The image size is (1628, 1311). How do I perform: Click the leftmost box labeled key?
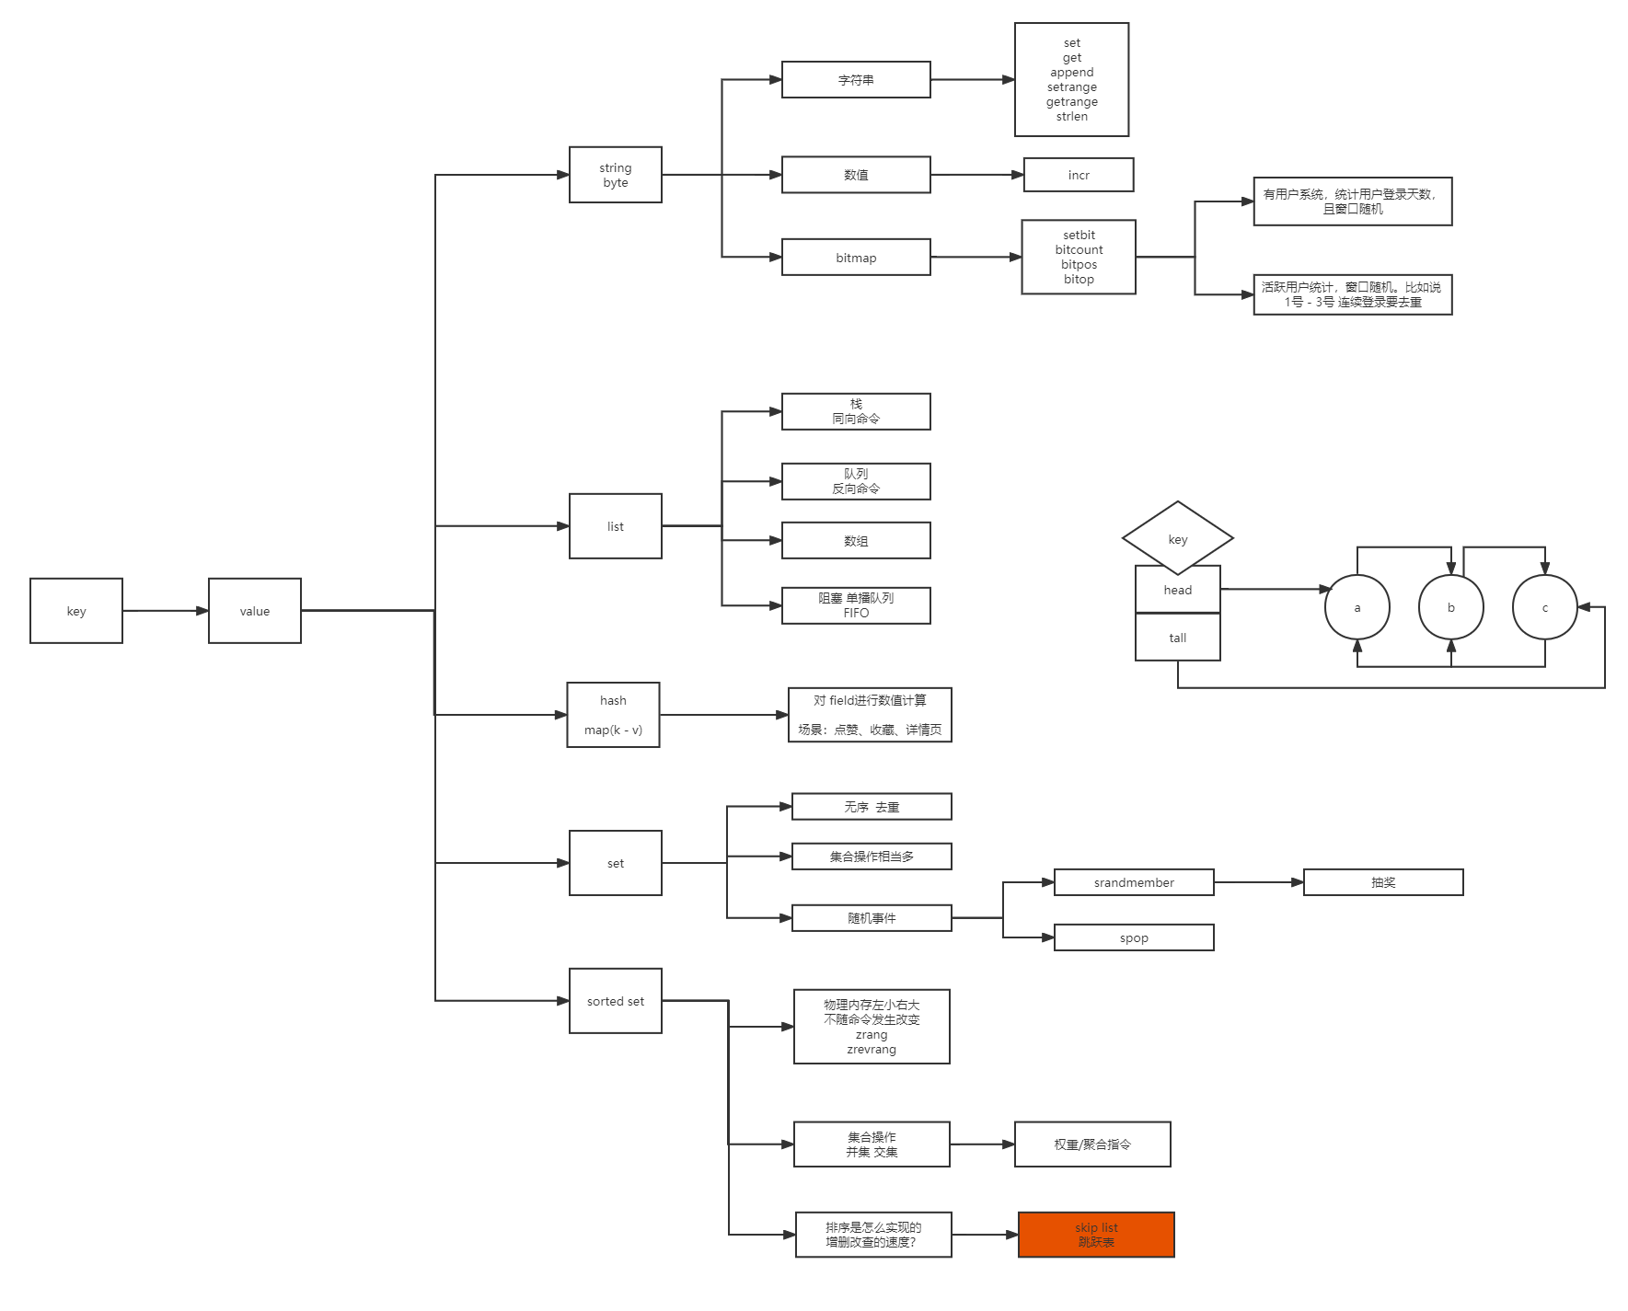coord(76,611)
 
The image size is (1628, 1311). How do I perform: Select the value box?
coord(255,611)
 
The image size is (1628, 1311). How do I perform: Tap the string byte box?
coord(616,175)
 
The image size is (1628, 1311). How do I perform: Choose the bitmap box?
coord(856,258)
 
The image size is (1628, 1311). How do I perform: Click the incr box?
coord(1079,175)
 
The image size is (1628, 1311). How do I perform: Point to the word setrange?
coord(1072,87)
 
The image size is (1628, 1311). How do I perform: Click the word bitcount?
coord(1079,250)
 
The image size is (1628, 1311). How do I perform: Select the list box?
coord(616,526)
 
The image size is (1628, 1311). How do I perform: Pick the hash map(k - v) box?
coord(613,715)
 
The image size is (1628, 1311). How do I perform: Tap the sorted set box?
coord(616,1001)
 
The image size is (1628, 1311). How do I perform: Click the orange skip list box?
coord(1096,1235)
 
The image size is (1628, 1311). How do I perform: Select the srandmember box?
coord(1134,882)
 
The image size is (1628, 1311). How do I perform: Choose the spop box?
coord(1134,937)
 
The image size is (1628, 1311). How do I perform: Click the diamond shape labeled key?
coord(1178,538)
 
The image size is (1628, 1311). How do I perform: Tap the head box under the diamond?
coord(1178,590)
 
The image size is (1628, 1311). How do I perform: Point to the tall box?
coord(1178,638)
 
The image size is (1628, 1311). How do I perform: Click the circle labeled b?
coord(1451,607)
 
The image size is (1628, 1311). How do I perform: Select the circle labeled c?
coord(1545,607)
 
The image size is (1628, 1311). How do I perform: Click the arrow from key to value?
coord(166,611)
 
